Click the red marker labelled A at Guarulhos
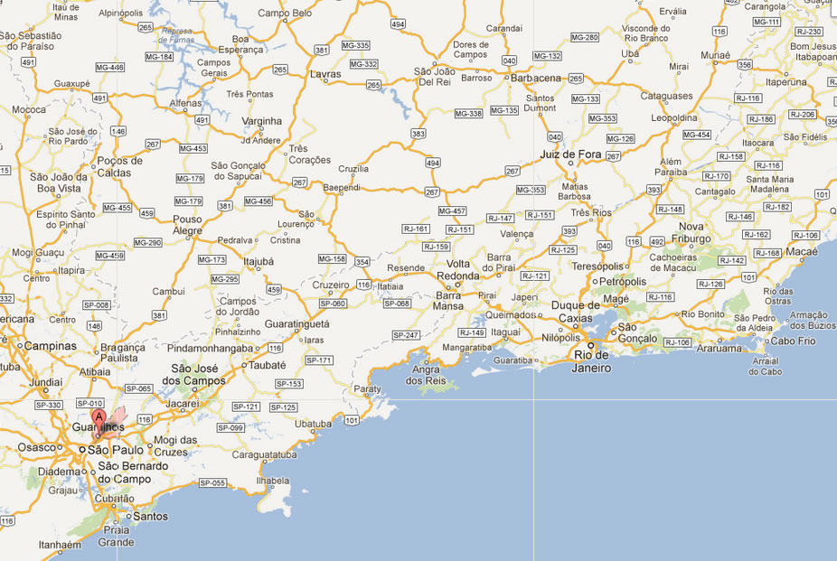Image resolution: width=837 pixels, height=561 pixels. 99,417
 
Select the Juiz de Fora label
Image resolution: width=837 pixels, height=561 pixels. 570,154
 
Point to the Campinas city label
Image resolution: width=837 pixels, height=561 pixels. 50,345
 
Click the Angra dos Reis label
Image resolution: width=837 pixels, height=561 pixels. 426,375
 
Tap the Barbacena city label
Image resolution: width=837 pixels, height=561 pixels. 536,79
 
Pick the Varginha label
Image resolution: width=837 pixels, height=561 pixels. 262,121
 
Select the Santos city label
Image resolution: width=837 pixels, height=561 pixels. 149,517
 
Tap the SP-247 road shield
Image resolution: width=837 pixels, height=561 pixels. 405,335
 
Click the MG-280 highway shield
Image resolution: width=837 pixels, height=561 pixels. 585,37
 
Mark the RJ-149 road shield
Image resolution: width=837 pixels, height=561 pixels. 472,332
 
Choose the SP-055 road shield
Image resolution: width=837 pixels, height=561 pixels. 213,482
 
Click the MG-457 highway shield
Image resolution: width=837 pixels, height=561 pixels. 451,210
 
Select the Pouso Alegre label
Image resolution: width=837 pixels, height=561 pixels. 187,225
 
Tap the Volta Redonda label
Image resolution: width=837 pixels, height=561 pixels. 458,269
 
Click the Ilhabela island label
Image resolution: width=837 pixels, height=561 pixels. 273,481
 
